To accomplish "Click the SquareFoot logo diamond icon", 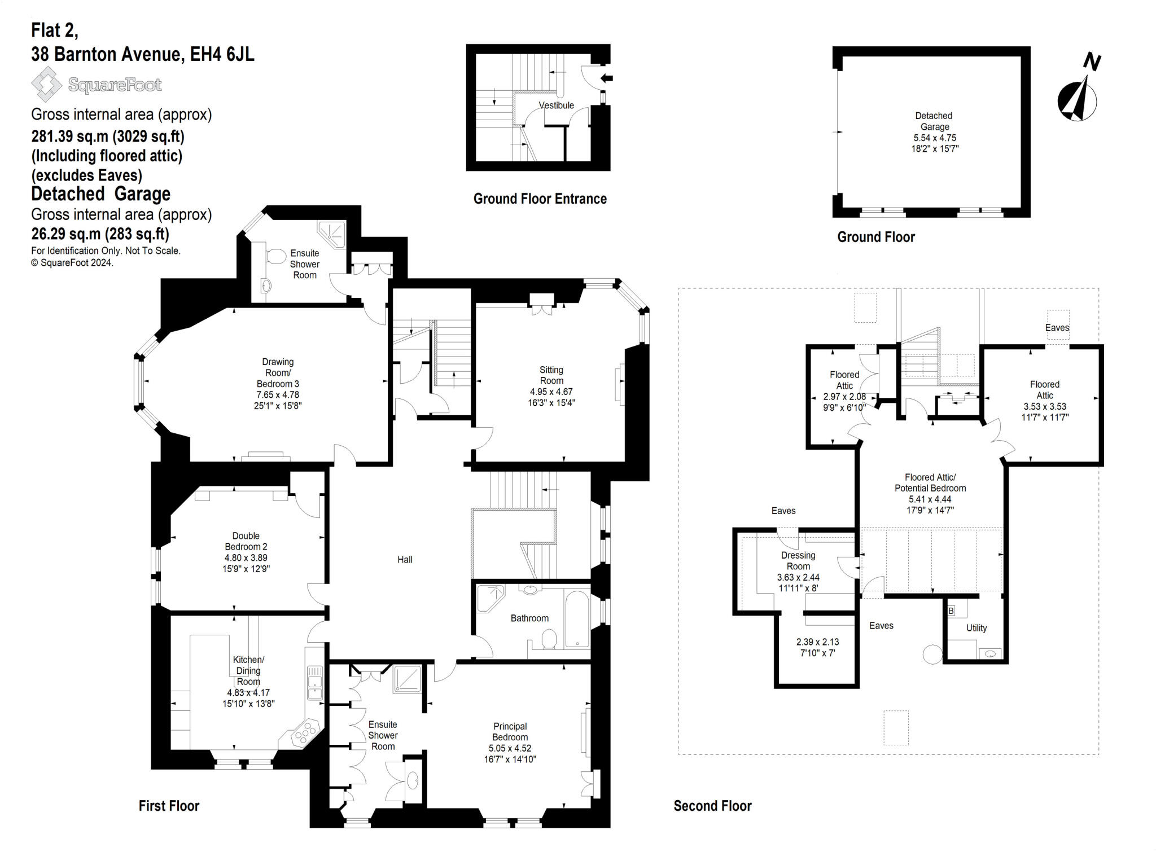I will coord(46,84).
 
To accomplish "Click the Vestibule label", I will coord(556,106).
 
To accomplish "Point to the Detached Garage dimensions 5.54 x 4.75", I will coord(935,138).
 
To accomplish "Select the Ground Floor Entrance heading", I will coord(540,199).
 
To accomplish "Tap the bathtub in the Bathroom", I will coord(577,618).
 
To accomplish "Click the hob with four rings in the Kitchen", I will coord(305,733).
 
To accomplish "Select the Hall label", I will coord(405,560).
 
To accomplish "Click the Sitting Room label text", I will coord(551,375).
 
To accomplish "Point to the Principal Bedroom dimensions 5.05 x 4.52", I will coord(510,748).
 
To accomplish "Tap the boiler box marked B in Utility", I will coord(951,611).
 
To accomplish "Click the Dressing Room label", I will coord(798,560).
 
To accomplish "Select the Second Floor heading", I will coord(712,806).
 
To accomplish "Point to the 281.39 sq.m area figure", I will coord(71,137).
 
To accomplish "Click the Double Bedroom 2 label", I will coord(246,541).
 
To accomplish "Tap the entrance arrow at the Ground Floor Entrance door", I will coord(607,78).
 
